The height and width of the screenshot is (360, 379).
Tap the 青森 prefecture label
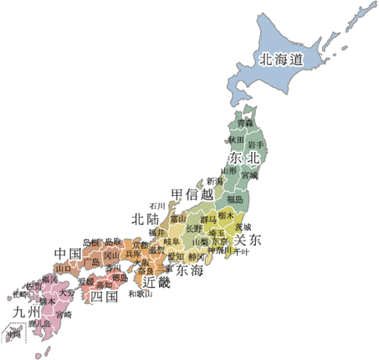pyautogui.click(x=246, y=124)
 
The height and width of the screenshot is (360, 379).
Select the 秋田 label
pyautogui.click(x=236, y=139)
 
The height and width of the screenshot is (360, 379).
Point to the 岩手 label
pyautogui.click(x=256, y=145)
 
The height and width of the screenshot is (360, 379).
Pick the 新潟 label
pyautogui.click(x=215, y=181)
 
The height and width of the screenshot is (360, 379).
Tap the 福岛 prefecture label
pyautogui.click(x=235, y=198)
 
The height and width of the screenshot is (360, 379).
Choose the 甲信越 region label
pyautogui.click(x=192, y=194)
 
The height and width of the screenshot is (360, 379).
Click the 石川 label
pyautogui.click(x=157, y=206)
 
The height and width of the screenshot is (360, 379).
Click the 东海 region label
pyautogui.click(x=189, y=270)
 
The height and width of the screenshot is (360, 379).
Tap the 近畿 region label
pyautogui.click(x=156, y=282)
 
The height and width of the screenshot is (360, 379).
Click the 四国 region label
pyautogui.click(x=103, y=296)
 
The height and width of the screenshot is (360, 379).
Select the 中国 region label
pyautogui.click(x=67, y=253)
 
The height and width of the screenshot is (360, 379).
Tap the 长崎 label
pyautogui.click(x=19, y=294)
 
